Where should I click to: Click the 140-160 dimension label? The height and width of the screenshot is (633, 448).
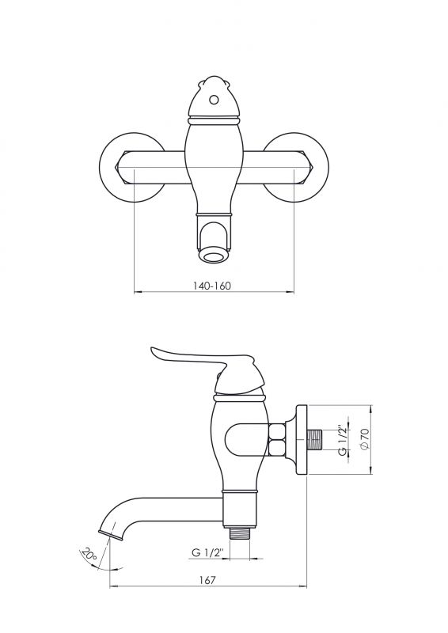click(212, 286)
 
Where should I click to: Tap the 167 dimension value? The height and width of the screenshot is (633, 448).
click(207, 580)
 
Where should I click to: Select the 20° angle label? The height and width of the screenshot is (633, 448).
click(89, 553)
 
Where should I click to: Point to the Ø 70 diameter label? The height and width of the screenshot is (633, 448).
click(364, 439)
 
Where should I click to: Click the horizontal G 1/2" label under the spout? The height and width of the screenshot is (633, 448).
click(207, 552)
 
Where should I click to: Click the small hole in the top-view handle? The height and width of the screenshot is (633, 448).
click(215, 99)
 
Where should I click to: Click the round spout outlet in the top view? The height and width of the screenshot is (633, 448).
click(214, 256)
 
